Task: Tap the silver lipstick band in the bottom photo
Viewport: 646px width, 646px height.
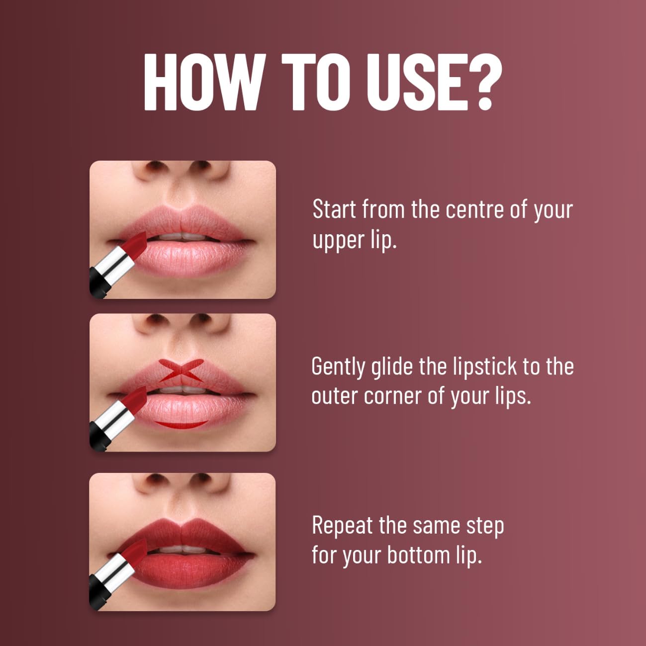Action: coord(114,572)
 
